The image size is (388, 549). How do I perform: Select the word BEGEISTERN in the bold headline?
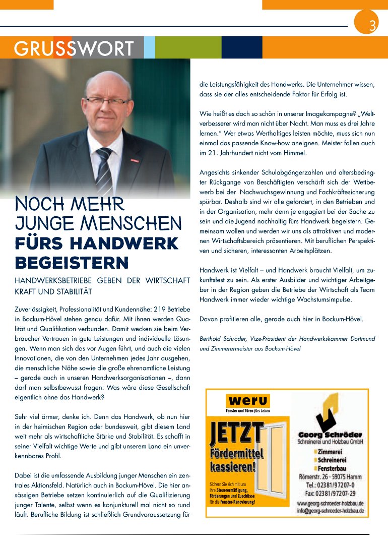coord(72,263)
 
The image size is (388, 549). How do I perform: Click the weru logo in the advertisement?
coord(247,401)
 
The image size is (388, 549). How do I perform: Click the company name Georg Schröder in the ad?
coord(330,435)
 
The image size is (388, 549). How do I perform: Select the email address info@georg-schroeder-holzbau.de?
coord(330,510)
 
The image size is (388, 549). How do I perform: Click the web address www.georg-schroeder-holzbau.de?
coord(330,503)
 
